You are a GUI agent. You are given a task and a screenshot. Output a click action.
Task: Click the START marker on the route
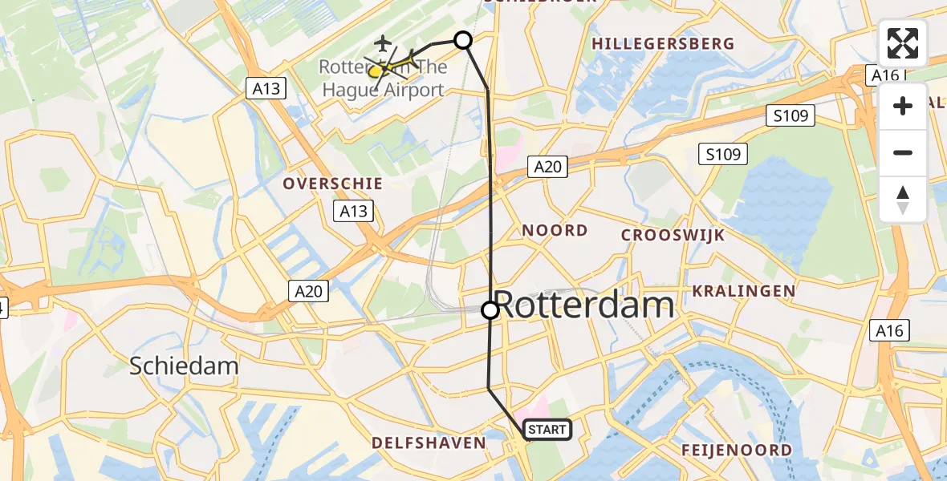(547, 430)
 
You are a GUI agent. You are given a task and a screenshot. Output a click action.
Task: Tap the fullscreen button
(903, 43)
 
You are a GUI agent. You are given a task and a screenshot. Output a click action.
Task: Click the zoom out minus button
(903, 152)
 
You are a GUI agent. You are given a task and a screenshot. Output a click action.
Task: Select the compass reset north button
(903, 200)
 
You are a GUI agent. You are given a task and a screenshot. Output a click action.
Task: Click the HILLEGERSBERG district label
(663, 44)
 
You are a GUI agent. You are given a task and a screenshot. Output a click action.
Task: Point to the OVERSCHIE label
(332, 184)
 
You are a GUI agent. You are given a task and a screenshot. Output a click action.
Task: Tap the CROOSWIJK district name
(673, 235)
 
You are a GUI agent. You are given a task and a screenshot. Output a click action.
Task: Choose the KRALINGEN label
(744, 291)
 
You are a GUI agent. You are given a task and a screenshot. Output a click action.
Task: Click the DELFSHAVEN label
(429, 443)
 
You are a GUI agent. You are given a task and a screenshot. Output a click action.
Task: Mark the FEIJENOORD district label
(736, 450)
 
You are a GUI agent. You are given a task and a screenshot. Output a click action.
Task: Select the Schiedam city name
(185, 366)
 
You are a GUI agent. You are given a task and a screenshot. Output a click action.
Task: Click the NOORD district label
(555, 231)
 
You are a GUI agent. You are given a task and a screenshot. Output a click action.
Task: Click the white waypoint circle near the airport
(463, 39)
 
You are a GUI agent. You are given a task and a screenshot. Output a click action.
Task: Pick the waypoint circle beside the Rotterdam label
(490, 309)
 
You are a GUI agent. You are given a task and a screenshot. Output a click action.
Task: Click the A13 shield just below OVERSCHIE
(353, 211)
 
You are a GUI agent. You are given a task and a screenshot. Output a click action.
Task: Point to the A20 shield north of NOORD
(549, 167)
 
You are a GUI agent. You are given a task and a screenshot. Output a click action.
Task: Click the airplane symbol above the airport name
(384, 41)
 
